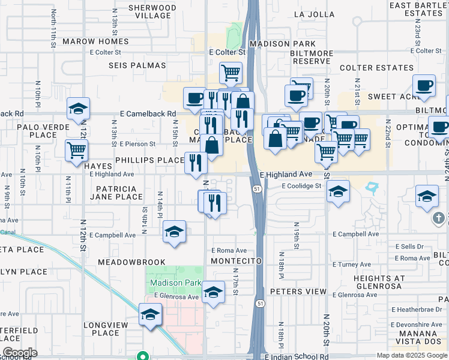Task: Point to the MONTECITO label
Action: pyautogui.click(x=237, y=261)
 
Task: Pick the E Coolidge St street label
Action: pyautogui.click(x=303, y=186)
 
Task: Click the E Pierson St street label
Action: pyautogui.click(x=137, y=144)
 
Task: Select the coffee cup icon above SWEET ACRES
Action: pyautogui.click(x=424, y=85)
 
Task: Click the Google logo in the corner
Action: pyautogui.click(x=19, y=352)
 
